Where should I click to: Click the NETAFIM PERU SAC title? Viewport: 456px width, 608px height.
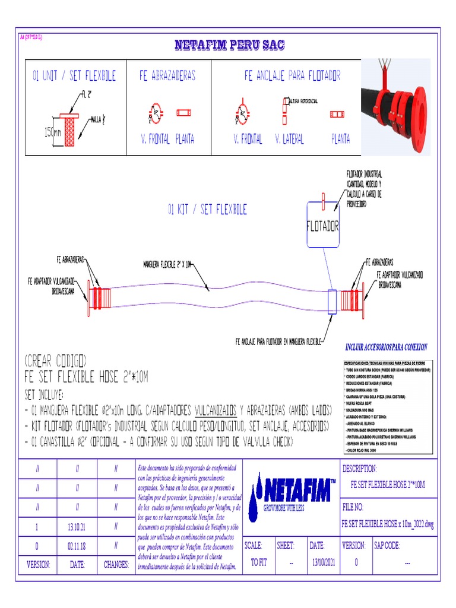tap(229, 45)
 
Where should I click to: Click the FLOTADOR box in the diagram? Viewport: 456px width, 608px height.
tap(322, 226)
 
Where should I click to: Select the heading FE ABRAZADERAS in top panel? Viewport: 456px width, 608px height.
tap(167, 76)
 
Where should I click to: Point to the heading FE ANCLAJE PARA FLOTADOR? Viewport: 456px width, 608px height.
tap(292, 76)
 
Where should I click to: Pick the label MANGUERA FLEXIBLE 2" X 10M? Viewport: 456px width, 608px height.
tap(167, 264)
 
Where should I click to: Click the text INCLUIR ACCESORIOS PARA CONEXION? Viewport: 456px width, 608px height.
tap(386, 347)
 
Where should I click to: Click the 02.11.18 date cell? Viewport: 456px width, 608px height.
tap(77, 545)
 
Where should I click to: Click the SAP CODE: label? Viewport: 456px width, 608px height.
tap(386, 545)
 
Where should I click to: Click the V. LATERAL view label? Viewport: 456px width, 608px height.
tap(289, 139)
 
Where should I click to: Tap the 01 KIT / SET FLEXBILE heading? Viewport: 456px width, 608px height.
tap(207, 210)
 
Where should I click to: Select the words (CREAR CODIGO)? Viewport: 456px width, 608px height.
tap(56, 361)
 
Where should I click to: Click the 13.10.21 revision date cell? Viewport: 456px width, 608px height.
tap(77, 527)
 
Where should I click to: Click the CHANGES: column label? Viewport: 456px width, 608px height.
tap(116, 565)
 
